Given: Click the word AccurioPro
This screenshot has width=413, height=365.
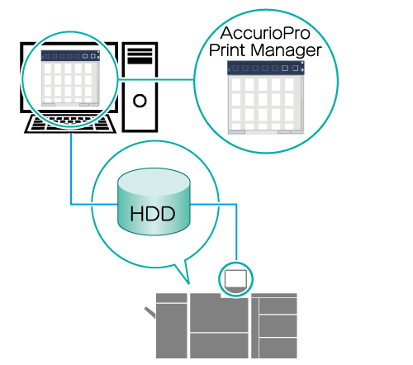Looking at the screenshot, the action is pos(265,33).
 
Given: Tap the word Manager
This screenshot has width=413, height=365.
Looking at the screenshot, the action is pos(286,51).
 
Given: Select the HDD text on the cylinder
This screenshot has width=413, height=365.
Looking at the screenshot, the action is pos(153,214).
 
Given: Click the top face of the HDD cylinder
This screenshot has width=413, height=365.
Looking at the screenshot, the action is pos(154,182).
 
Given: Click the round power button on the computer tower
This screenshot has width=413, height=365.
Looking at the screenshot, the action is pos(140,101).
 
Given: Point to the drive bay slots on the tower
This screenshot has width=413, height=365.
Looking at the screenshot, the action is pos(140,56).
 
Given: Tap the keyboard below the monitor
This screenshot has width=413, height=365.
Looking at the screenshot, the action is pos(70,124).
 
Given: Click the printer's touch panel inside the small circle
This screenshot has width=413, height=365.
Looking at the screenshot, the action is pos(235,279).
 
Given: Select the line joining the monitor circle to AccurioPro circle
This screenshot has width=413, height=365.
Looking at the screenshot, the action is pos(156,80).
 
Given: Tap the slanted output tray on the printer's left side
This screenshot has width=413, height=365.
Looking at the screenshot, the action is pos(150,313).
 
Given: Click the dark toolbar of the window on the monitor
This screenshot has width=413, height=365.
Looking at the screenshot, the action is pos(70,55).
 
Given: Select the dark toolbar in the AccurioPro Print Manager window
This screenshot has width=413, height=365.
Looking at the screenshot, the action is pos(265,68).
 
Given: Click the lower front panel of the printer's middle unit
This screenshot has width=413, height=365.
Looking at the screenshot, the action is pos(219,346).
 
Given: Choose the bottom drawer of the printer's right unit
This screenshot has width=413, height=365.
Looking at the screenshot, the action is pos(278,348).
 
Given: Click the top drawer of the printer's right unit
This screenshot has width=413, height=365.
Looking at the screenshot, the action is pos(278,306).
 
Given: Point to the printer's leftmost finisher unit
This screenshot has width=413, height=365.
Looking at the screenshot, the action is pos(172,326).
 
